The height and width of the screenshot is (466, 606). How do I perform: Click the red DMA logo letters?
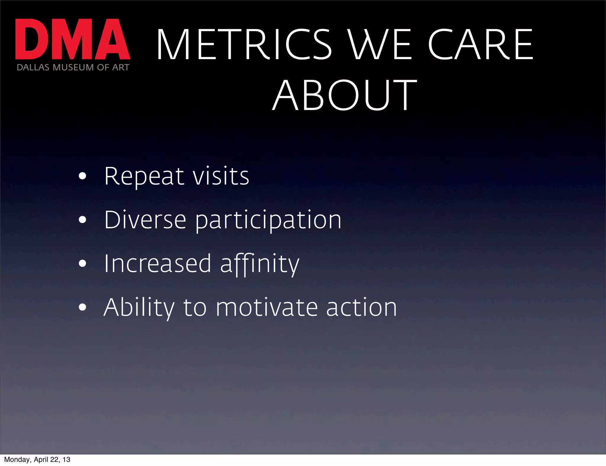click(72, 39)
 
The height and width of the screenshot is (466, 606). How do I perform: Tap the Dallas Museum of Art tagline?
click(73, 67)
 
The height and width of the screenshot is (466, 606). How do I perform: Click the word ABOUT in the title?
click(344, 95)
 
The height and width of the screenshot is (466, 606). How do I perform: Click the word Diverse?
click(145, 220)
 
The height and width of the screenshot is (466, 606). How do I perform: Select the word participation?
click(268, 221)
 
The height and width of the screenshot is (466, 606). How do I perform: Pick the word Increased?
click(157, 263)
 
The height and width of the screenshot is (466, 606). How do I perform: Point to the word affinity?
click(260, 264)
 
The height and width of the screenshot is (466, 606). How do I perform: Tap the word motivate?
click(267, 308)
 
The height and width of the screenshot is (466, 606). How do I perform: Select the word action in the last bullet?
click(361, 308)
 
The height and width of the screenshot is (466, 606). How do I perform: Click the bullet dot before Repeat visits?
click(83, 177)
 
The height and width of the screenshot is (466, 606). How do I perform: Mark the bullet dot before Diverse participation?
click(83, 220)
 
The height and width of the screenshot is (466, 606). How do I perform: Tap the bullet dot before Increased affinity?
click(83, 263)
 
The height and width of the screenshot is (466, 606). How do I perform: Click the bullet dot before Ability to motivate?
click(83, 307)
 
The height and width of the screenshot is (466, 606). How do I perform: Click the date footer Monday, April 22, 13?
click(37, 459)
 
